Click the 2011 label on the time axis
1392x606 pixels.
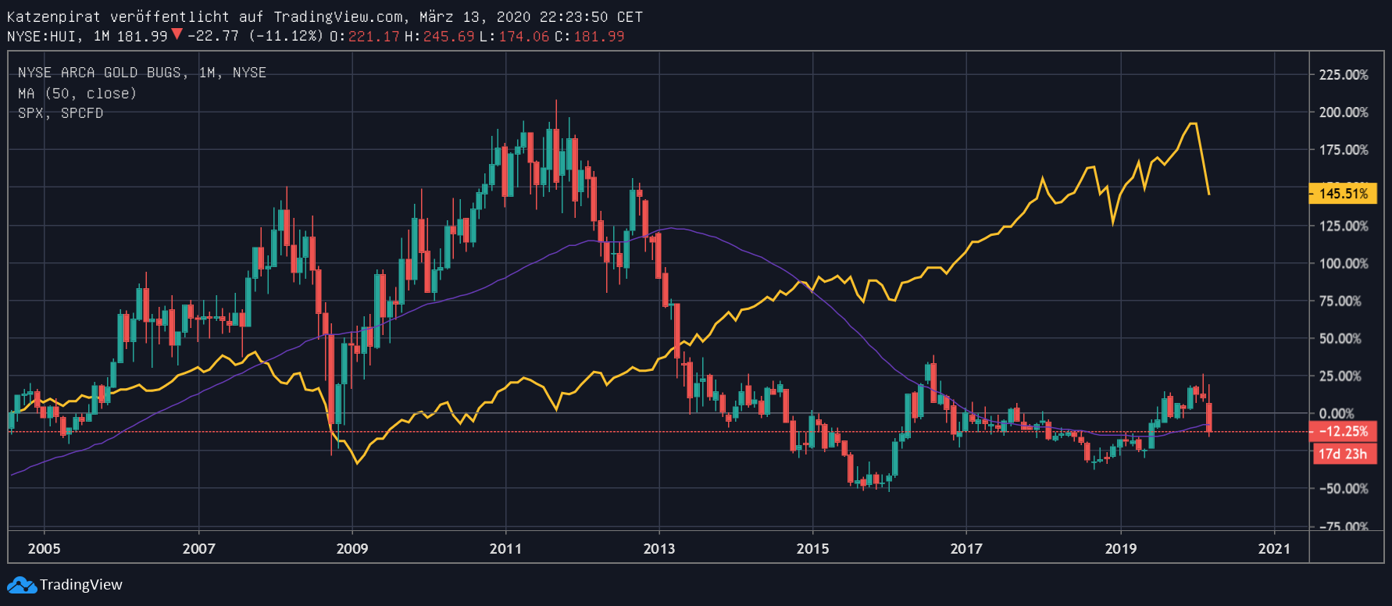pyautogui.click(x=505, y=548)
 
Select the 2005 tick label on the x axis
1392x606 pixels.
pyautogui.click(x=44, y=548)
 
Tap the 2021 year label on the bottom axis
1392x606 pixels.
pyautogui.click(x=1274, y=548)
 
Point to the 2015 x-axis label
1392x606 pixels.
pyautogui.click(x=812, y=548)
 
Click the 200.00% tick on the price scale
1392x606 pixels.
pyautogui.click(x=1344, y=112)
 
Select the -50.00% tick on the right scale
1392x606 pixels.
pyautogui.click(x=1344, y=489)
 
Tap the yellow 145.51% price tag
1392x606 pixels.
pyautogui.click(x=1343, y=194)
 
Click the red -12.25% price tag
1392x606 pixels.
pyautogui.click(x=1343, y=431)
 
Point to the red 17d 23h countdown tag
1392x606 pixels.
pyautogui.click(x=1343, y=454)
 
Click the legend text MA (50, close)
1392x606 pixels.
pyautogui.click(x=77, y=94)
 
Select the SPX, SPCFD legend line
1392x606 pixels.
pyautogui.click(x=60, y=113)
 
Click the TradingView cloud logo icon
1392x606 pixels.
pyautogui.click(x=22, y=585)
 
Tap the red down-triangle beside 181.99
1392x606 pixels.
pyautogui.click(x=177, y=34)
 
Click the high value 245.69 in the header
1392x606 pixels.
pyautogui.click(x=448, y=37)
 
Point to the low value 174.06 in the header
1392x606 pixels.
pyautogui.click(x=523, y=37)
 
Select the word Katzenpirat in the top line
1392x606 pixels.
pyautogui.click(x=53, y=16)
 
